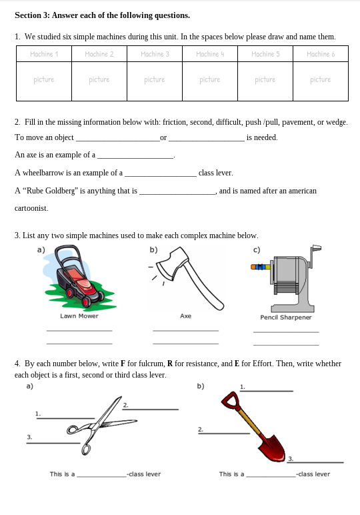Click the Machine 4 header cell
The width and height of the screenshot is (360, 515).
(210, 54)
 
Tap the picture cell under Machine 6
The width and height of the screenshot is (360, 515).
(321, 81)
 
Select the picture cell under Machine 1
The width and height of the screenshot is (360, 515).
(44, 81)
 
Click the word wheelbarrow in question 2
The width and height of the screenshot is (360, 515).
(41, 173)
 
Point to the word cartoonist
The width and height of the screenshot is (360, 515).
(31, 208)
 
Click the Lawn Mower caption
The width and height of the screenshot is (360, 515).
(79, 316)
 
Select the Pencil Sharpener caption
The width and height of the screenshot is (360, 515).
(286, 318)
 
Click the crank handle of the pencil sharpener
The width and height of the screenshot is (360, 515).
(315, 255)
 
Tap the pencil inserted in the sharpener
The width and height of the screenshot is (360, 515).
(261, 267)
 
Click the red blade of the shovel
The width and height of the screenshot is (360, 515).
(273, 448)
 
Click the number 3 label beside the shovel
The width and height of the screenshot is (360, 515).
(291, 459)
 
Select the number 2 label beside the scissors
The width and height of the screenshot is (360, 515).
(125, 405)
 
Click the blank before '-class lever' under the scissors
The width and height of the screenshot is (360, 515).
(102, 476)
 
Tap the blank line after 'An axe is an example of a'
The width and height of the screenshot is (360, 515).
(135, 158)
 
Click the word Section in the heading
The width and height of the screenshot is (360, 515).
(28, 15)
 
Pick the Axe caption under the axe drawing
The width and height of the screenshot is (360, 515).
(186, 316)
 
